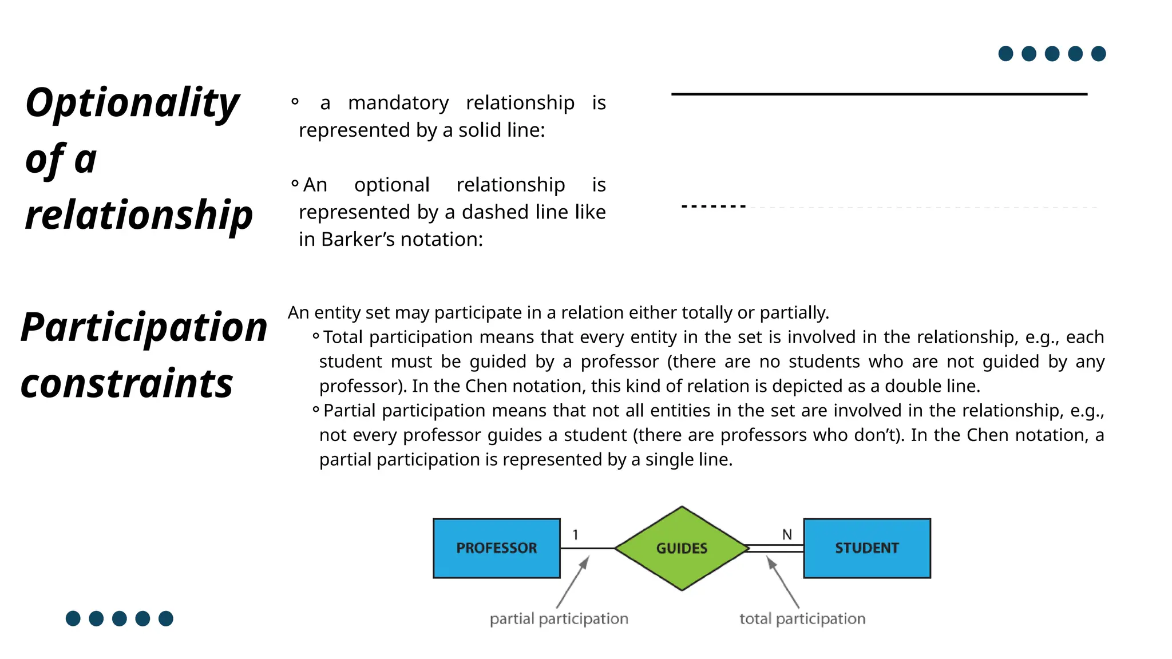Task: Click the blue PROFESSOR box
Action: pyautogui.click(x=496, y=548)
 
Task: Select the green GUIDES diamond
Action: pyautogui.click(x=682, y=548)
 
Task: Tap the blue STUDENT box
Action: pyautogui.click(x=866, y=548)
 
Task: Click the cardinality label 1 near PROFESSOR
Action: pyautogui.click(x=575, y=534)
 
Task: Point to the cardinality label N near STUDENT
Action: pyautogui.click(x=787, y=534)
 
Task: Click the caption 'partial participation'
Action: pyautogui.click(x=559, y=618)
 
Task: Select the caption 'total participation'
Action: pyautogui.click(x=802, y=618)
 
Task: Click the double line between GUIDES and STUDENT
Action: pyautogui.click(x=775, y=548)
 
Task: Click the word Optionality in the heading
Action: pyautogui.click(x=132, y=103)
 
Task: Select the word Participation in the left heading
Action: pyautogui.click(x=144, y=327)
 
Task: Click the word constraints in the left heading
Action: pyautogui.click(x=127, y=383)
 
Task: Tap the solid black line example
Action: pyautogui.click(x=879, y=94)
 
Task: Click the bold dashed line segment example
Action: pyautogui.click(x=714, y=206)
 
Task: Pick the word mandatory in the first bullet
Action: pyautogui.click(x=398, y=103)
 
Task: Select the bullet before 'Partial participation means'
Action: pyautogui.click(x=316, y=409)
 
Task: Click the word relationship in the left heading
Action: pyautogui.click(x=139, y=215)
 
